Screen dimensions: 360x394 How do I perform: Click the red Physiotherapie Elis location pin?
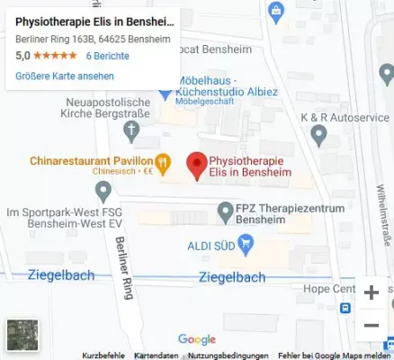click(x=195, y=163)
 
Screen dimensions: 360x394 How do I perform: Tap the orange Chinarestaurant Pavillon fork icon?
click(x=163, y=163)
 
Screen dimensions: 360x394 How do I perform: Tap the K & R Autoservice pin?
click(x=318, y=135)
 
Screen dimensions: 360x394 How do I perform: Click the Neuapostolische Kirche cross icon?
click(x=132, y=130)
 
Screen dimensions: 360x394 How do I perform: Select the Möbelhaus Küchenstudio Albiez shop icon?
click(x=165, y=91)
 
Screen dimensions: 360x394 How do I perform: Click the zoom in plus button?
click(x=371, y=292)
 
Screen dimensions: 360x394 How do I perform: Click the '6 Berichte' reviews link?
click(x=107, y=56)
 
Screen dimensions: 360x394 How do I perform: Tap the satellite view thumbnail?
click(x=22, y=334)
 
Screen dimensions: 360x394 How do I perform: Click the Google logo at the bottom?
click(x=197, y=339)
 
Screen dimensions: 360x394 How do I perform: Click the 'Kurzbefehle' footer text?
click(x=103, y=355)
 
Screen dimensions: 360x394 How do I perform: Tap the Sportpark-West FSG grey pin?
click(x=103, y=191)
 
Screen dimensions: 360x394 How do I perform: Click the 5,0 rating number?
click(x=23, y=56)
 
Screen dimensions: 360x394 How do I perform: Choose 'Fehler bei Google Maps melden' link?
click(x=335, y=355)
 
